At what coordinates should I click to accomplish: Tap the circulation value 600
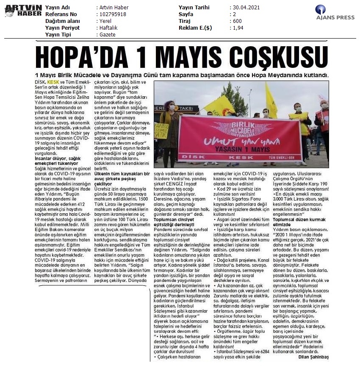coord(237,21)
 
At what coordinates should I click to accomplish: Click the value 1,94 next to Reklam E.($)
coord(238,28)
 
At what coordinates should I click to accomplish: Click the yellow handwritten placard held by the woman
coord(161,131)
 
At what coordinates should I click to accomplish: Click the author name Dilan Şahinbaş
coord(313,357)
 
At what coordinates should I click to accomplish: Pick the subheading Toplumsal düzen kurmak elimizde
coord(299,222)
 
